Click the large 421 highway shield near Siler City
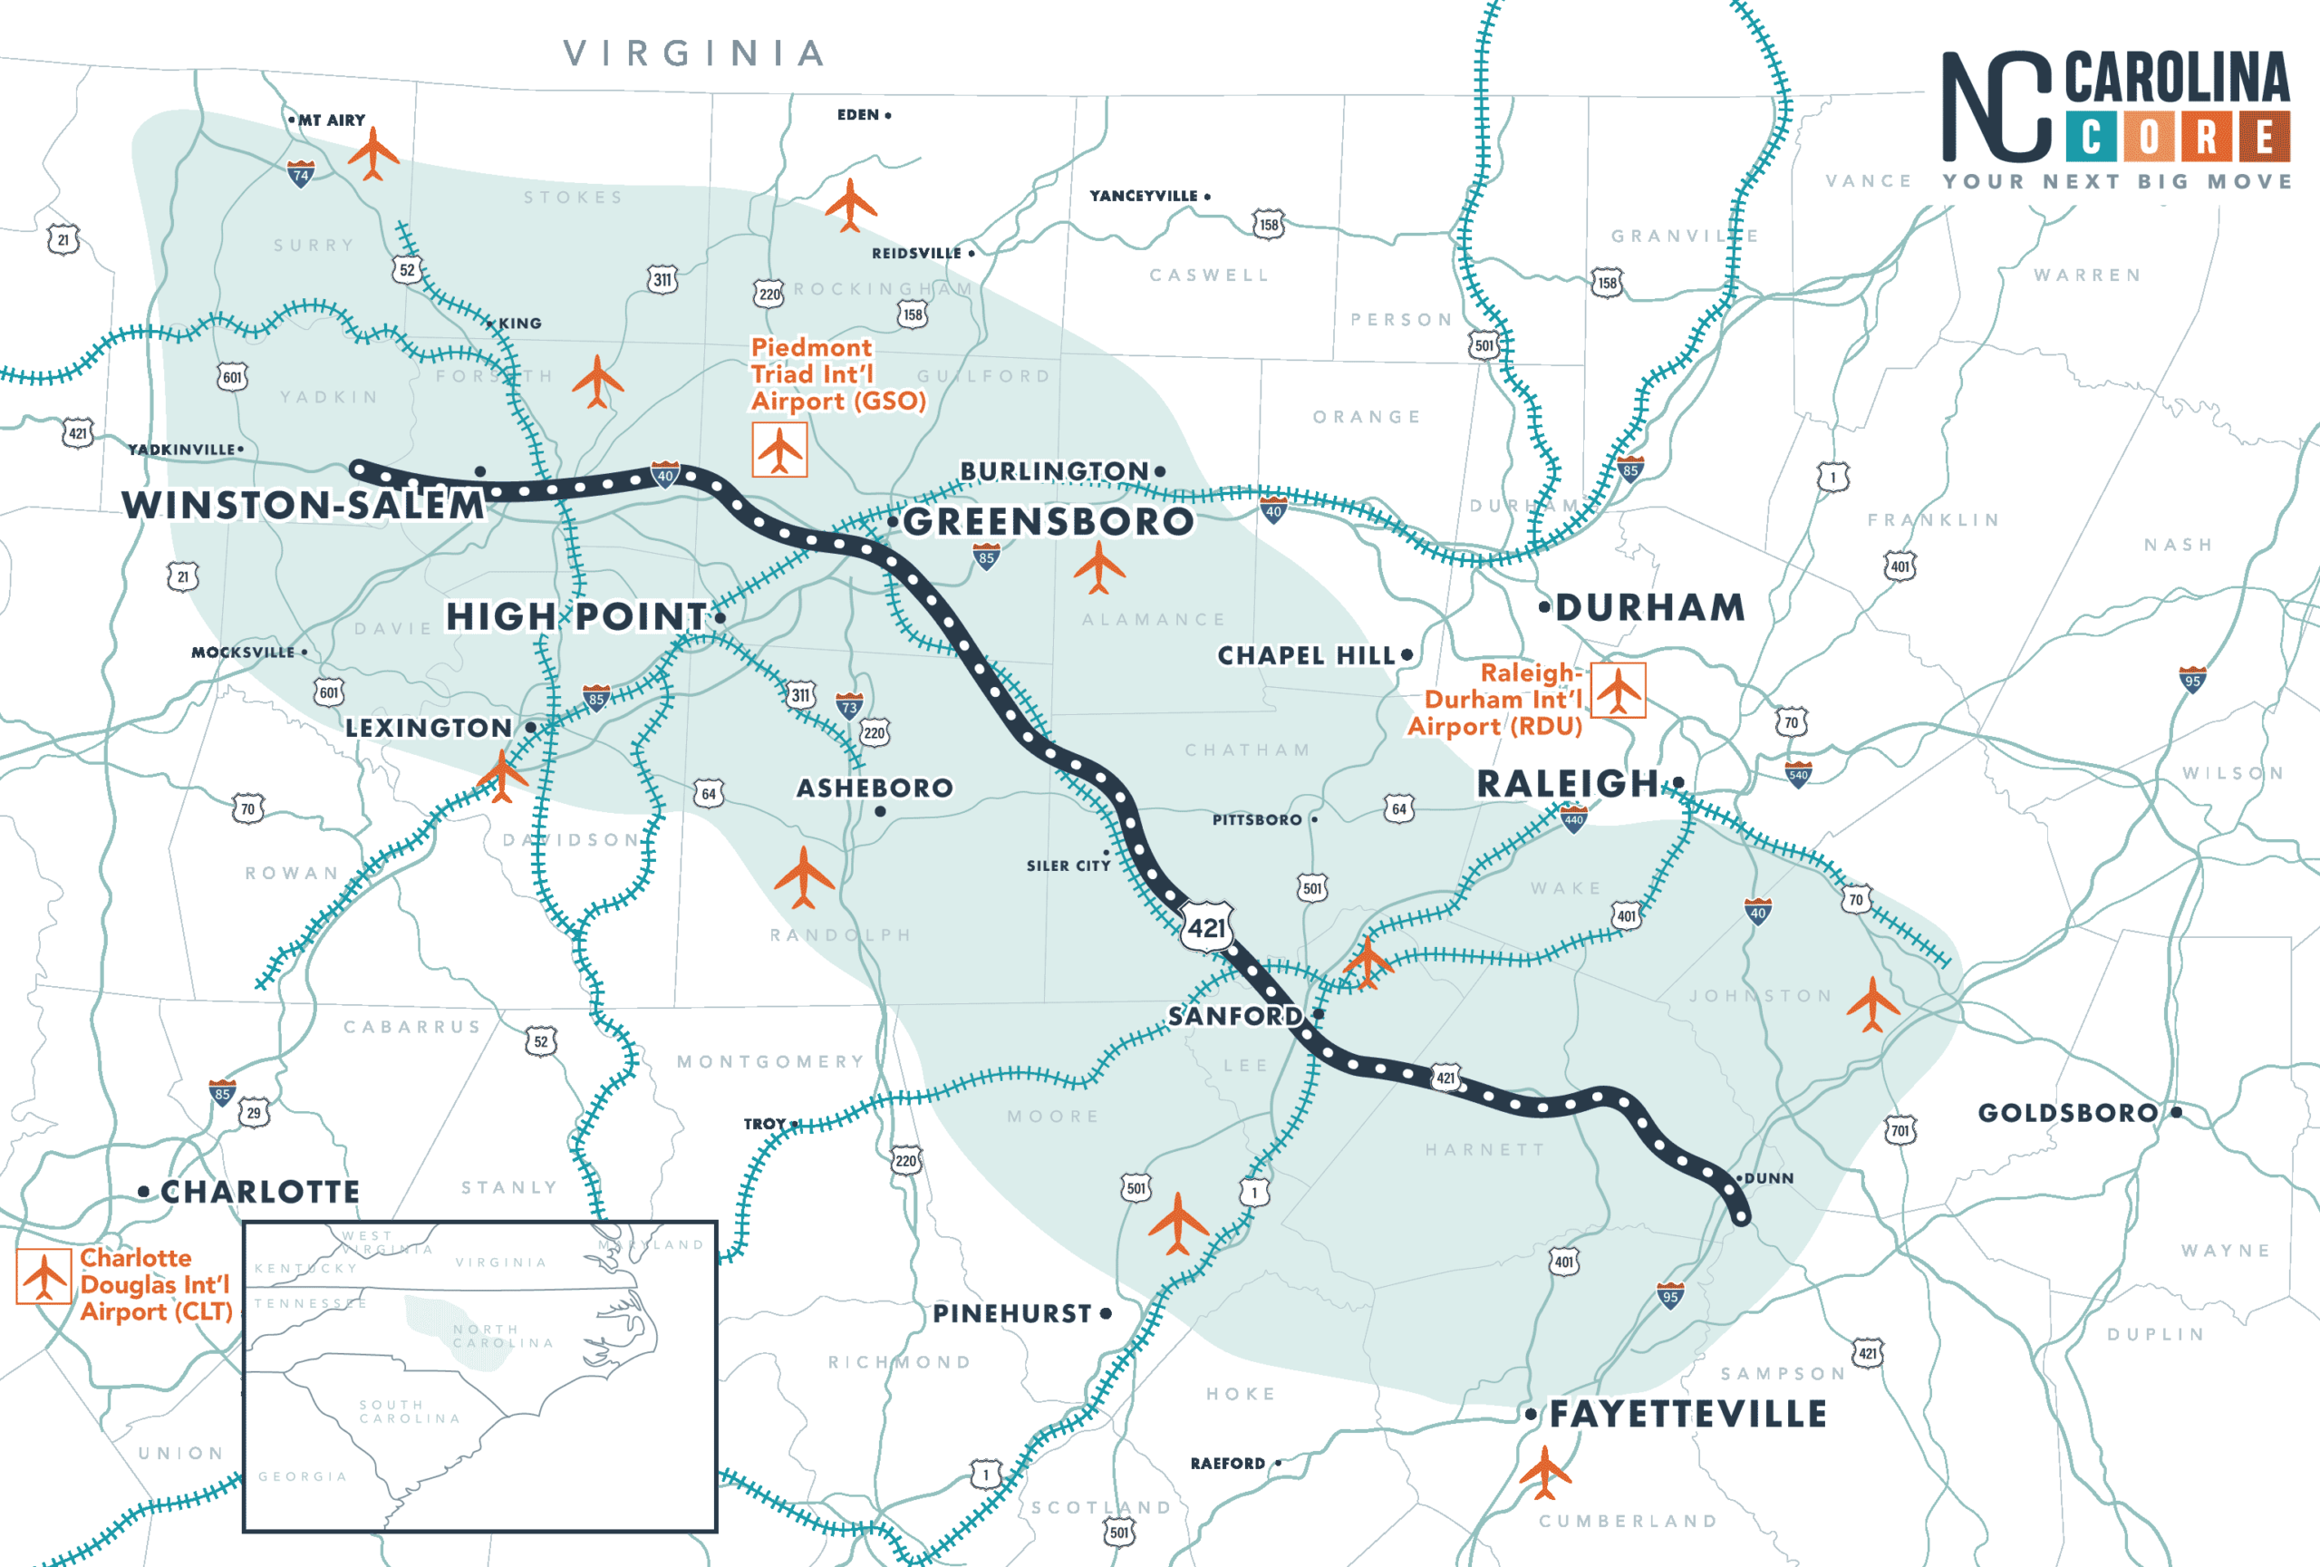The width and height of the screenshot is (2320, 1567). click(1207, 927)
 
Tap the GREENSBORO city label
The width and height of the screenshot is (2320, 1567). click(1048, 521)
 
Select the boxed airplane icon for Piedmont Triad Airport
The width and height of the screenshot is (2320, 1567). click(779, 450)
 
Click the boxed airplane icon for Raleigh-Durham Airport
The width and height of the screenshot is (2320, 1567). click(1618, 690)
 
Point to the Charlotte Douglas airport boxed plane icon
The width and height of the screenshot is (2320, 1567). click(43, 1277)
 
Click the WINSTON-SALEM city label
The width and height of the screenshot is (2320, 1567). click(304, 505)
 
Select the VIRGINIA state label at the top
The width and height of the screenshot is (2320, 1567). click(695, 53)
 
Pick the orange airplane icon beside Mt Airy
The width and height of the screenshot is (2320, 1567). click(373, 152)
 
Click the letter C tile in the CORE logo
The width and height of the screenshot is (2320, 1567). click(2091, 137)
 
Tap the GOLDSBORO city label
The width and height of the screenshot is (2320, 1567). click(2067, 1113)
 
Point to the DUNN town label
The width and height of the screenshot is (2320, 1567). click(1768, 1178)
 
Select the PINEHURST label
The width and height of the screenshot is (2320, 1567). click(1012, 1313)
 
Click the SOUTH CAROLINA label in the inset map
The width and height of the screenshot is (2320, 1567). click(411, 1411)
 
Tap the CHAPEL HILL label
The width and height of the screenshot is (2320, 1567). click(1306, 656)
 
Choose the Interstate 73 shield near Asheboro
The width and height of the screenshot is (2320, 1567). click(848, 706)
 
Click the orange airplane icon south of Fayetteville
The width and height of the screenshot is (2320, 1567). click(1544, 1472)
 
